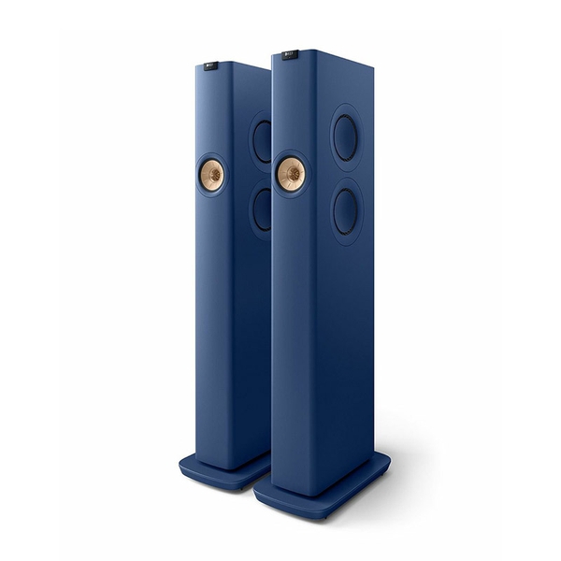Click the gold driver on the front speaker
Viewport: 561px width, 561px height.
point(291,174)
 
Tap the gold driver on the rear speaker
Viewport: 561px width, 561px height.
point(212,175)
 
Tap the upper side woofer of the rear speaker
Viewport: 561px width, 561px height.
point(263,140)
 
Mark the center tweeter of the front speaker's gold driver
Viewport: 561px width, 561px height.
point(291,174)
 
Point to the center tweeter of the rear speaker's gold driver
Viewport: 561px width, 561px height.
point(212,175)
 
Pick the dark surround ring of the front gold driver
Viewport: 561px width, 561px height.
point(278,174)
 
